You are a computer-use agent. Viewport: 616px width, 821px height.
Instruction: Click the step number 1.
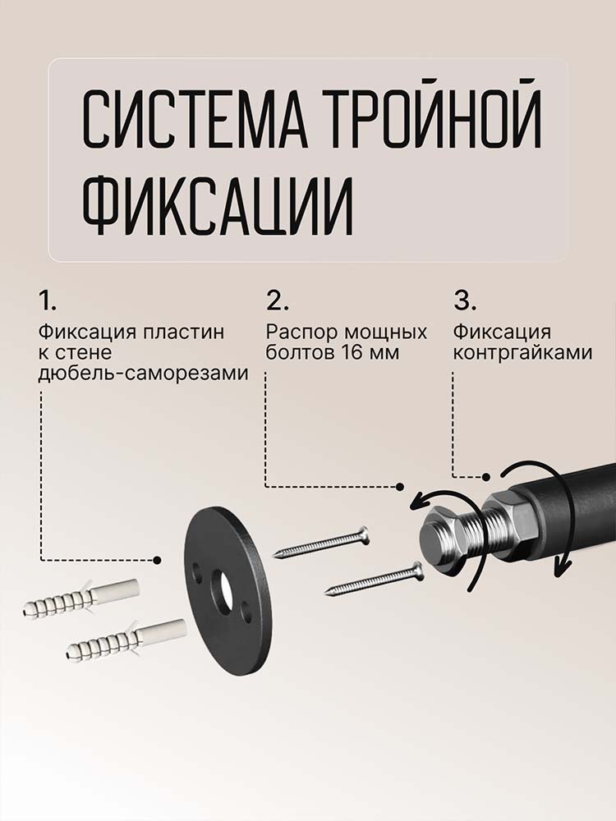pos(47,301)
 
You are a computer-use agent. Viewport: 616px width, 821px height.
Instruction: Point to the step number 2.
pos(278,301)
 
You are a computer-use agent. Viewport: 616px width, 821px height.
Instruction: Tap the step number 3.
pos(465,301)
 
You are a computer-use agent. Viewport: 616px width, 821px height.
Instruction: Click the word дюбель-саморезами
pos(144,374)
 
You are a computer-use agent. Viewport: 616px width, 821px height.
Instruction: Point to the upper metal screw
pos(321,543)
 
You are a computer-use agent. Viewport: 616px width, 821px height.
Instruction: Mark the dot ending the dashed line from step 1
pos(157,560)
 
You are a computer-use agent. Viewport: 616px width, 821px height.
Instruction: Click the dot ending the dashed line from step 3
pos(486,476)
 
